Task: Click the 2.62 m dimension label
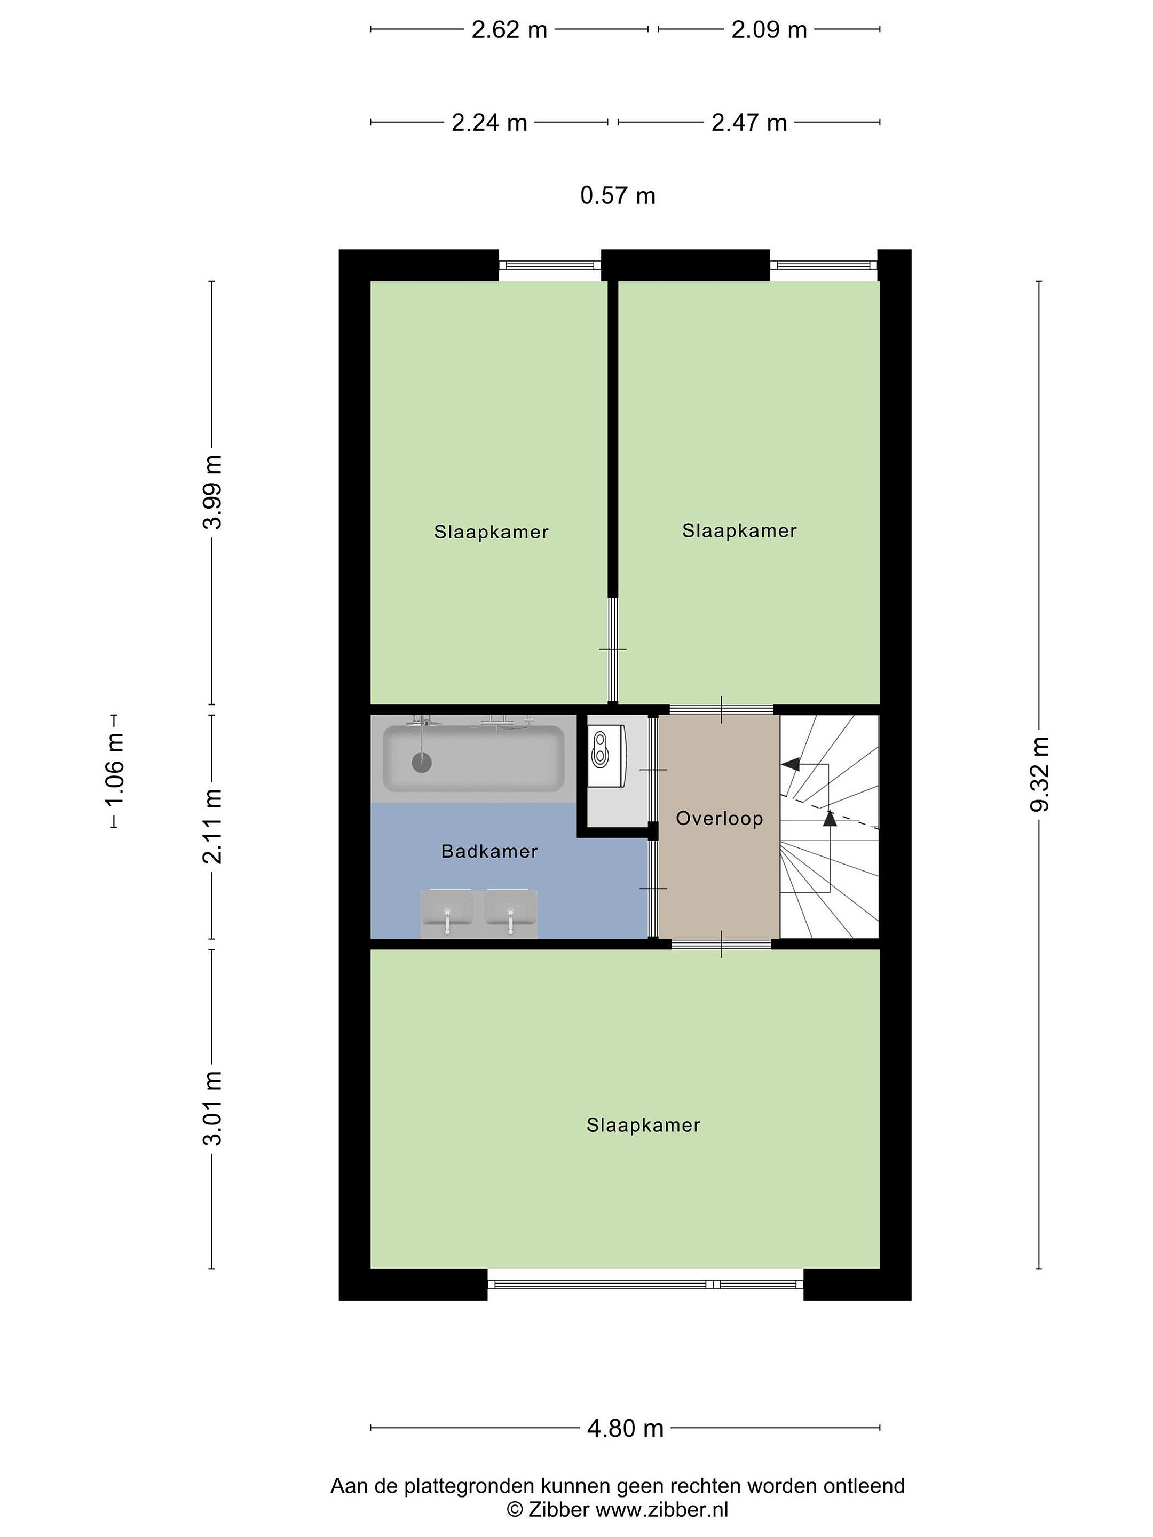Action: (509, 30)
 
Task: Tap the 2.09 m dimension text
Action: (769, 30)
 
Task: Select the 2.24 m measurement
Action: (489, 123)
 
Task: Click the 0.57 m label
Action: (618, 196)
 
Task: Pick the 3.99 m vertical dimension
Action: (212, 493)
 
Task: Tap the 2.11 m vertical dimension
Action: (212, 826)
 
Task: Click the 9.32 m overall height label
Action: (1040, 774)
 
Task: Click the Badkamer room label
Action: (489, 851)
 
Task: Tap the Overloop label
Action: (720, 819)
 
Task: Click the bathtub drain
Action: (421, 762)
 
